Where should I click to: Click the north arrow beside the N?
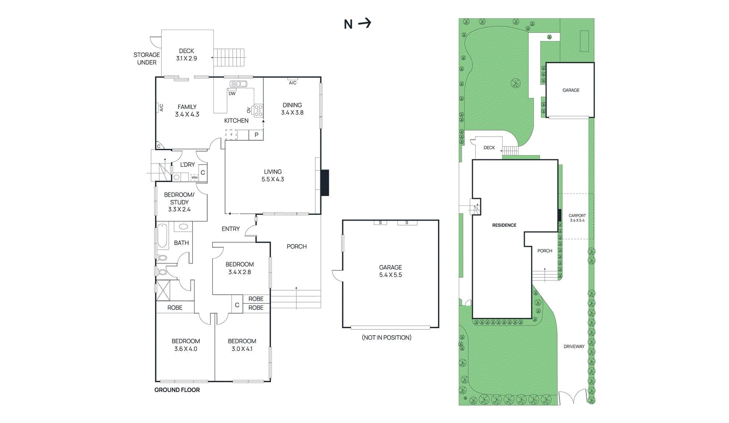click(x=364, y=23)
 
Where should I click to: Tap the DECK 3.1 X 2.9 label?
click(x=186, y=55)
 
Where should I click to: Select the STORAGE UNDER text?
click(x=147, y=59)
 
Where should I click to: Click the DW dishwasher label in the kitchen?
click(x=232, y=94)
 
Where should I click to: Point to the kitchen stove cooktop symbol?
click(x=258, y=110)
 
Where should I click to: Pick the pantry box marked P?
click(x=256, y=135)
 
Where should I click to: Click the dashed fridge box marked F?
click(x=231, y=135)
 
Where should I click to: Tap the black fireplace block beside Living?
click(x=325, y=183)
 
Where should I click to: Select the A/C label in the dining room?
click(x=293, y=83)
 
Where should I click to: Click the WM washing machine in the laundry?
click(x=194, y=178)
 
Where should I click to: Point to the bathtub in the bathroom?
click(x=162, y=236)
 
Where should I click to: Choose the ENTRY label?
click(x=231, y=229)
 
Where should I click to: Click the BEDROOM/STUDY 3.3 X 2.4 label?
click(x=180, y=202)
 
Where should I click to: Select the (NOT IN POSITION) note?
click(x=387, y=337)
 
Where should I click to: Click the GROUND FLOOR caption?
click(x=177, y=390)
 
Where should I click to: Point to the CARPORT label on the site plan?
click(x=577, y=215)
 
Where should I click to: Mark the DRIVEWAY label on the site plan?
click(x=574, y=347)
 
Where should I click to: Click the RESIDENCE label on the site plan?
click(x=504, y=225)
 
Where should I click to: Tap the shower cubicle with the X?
click(x=163, y=290)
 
